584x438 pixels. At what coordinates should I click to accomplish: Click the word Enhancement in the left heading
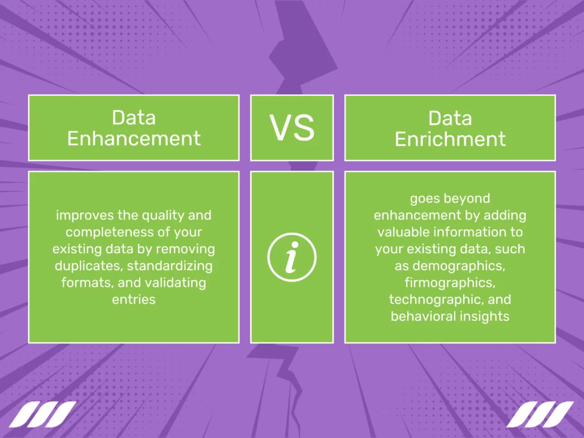[134, 139]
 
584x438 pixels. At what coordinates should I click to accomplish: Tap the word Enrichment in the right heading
[450, 139]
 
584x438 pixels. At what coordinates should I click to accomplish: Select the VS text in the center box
[292, 128]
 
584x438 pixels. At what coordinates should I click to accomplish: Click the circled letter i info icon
[292, 257]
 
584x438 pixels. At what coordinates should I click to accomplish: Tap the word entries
[134, 299]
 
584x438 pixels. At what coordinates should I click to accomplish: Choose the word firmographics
[450, 282]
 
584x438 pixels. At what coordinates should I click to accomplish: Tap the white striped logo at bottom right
[540, 415]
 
